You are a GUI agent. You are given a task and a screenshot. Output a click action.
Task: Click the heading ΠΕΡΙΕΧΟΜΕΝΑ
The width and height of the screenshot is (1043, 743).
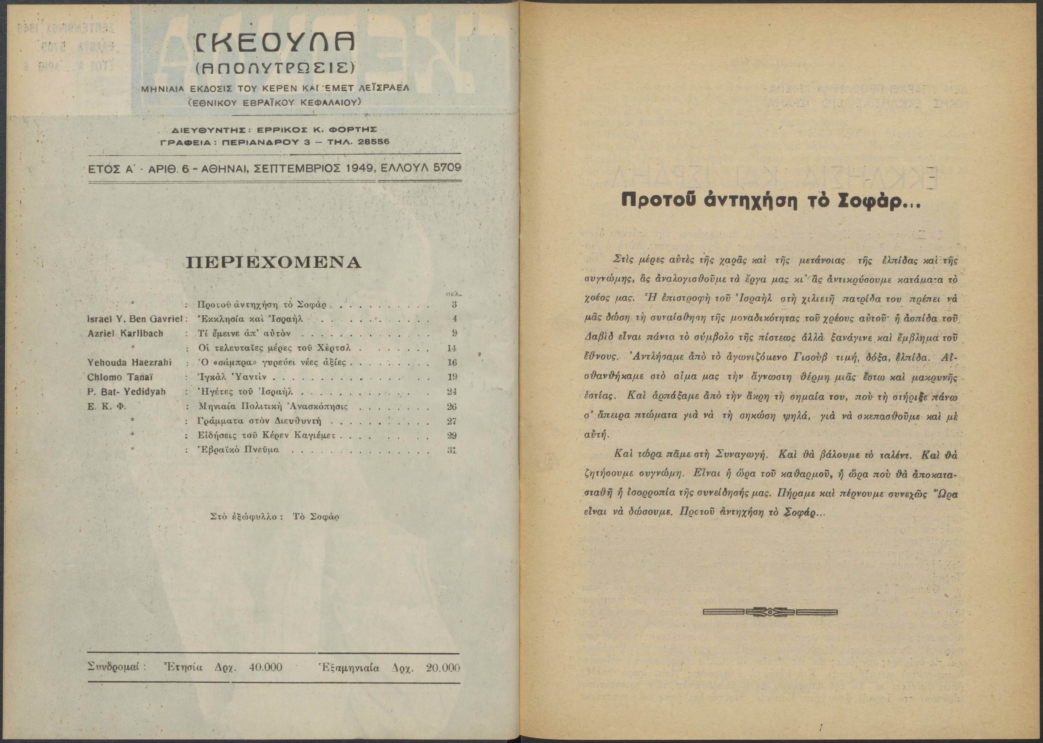click(x=275, y=262)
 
